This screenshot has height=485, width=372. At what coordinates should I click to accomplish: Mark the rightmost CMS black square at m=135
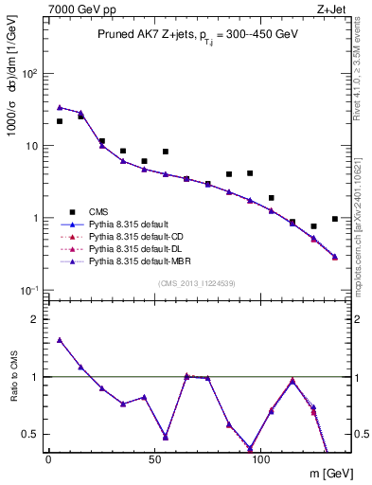(x=335, y=219)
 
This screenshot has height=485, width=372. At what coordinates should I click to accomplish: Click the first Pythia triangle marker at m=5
(x=60, y=108)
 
